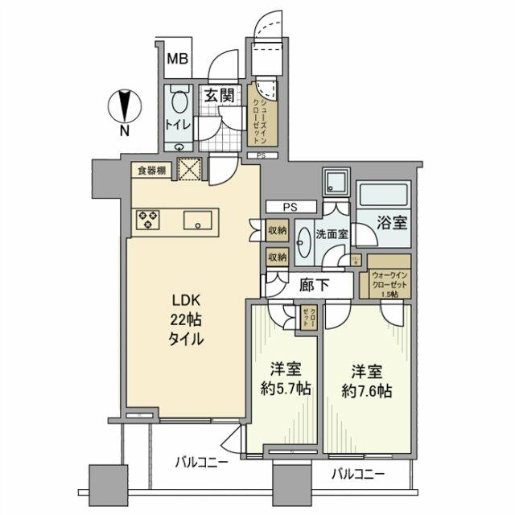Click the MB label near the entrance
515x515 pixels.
(x=177, y=58)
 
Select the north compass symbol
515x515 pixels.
(x=123, y=105)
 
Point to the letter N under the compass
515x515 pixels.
(x=123, y=130)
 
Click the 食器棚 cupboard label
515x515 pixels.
(x=151, y=170)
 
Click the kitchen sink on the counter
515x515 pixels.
(x=198, y=220)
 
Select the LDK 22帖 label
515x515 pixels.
(x=186, y=319)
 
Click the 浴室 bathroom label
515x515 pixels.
(x=393, y=223)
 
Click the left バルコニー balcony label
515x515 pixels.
(x=201, y=463)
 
